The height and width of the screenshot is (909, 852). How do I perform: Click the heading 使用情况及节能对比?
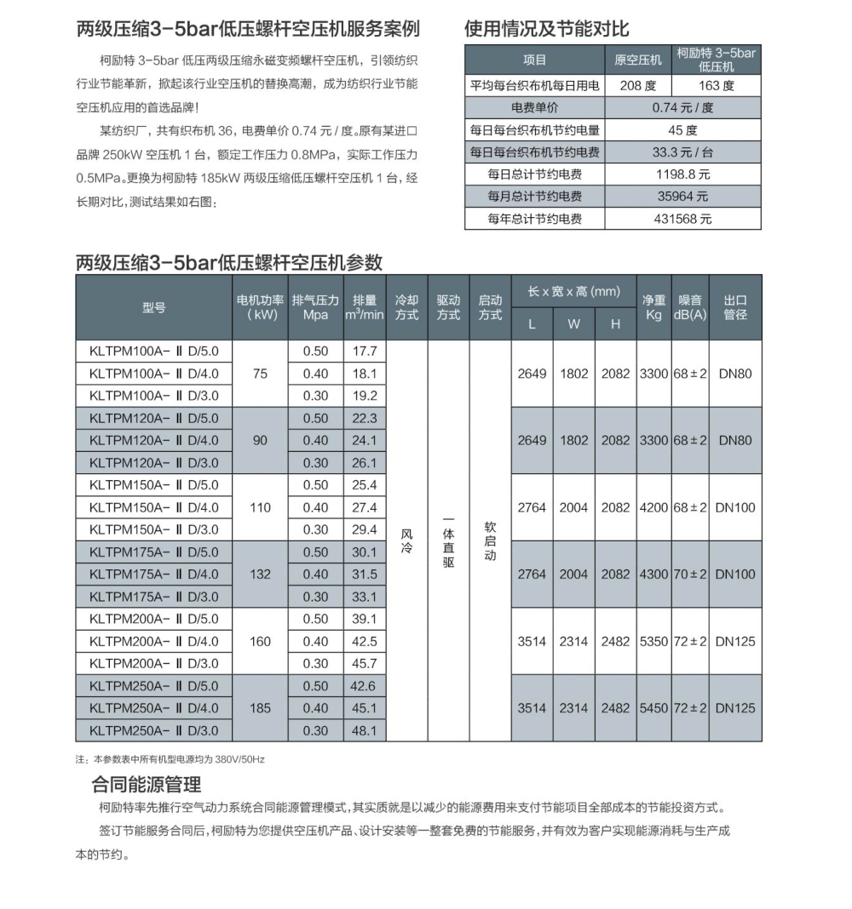[x=546, y=28]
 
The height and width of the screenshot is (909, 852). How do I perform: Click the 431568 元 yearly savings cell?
[x=682, y=219]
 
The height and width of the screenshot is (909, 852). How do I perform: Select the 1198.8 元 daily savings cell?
[x=682, y=174]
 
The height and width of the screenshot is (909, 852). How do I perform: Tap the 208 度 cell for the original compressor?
[x=637, y=86]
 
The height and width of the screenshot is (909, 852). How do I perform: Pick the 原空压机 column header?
[x=637, y=60]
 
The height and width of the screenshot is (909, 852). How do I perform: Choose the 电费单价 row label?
[x=534, y=108]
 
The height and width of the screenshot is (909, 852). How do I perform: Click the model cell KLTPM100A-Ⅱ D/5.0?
[x=153, y=351]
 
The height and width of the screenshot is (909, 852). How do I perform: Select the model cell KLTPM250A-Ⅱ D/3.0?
[x=153, y=730]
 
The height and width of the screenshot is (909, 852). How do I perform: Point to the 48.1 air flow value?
[x=364, y=730]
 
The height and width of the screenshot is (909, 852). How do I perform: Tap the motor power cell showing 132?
[x=261, y=575]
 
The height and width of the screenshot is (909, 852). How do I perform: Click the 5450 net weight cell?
[x=653, y=708]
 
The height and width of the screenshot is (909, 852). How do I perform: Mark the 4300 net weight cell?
[x=653, y=575]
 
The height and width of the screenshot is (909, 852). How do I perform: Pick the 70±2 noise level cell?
[x=690, y=575]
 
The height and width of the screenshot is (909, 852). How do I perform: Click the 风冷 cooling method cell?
[x=406, y=541]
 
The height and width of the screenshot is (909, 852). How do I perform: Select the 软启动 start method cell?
[x=490, y=541]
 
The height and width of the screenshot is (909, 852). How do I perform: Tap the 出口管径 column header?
[x=735, y=307]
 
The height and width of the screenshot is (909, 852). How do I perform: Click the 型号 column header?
[x=153, y=307]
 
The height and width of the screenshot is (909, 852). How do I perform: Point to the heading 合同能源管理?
[x=146, y=784]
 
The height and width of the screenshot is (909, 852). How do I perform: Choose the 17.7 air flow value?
[x=364, y=351]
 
